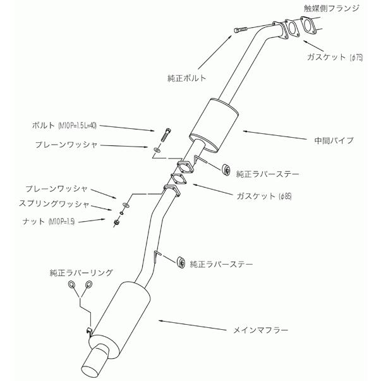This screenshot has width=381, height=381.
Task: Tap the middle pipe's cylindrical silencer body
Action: [x=213, y=121]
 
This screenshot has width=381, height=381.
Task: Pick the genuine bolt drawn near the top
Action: [x=239, y=29]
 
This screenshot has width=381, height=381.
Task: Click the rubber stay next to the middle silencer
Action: [x=225, y=169]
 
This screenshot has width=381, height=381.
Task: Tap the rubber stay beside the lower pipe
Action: [x=180, y=262]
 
